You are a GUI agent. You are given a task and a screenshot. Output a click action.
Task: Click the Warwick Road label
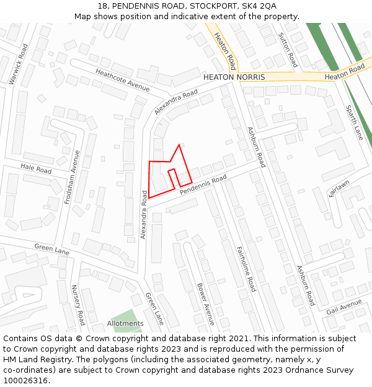click(x=18, y=64)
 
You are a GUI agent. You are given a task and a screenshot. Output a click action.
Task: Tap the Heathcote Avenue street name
click(x=122, y=80)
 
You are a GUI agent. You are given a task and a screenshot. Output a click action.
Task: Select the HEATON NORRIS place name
click(x=234, y=77)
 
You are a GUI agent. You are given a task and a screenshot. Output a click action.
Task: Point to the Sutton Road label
click(x=288, y=50)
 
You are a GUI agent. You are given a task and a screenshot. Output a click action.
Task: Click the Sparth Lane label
click(x=354, y=122)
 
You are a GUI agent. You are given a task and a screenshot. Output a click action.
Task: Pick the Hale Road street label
click(x=36, y=168)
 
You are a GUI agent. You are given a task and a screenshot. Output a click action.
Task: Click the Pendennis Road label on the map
click(x=203, y=186)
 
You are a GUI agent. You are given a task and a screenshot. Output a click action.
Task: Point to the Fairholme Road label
click(x=246, y=269)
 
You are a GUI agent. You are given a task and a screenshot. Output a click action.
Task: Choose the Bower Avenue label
click(x=205, y=305)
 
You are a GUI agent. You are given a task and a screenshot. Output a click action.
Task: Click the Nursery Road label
click(x=77, y=305)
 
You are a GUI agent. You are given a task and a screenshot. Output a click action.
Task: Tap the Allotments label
click(x=125, y=323)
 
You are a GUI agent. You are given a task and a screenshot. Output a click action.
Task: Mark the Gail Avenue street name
click(x=343, y=307)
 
